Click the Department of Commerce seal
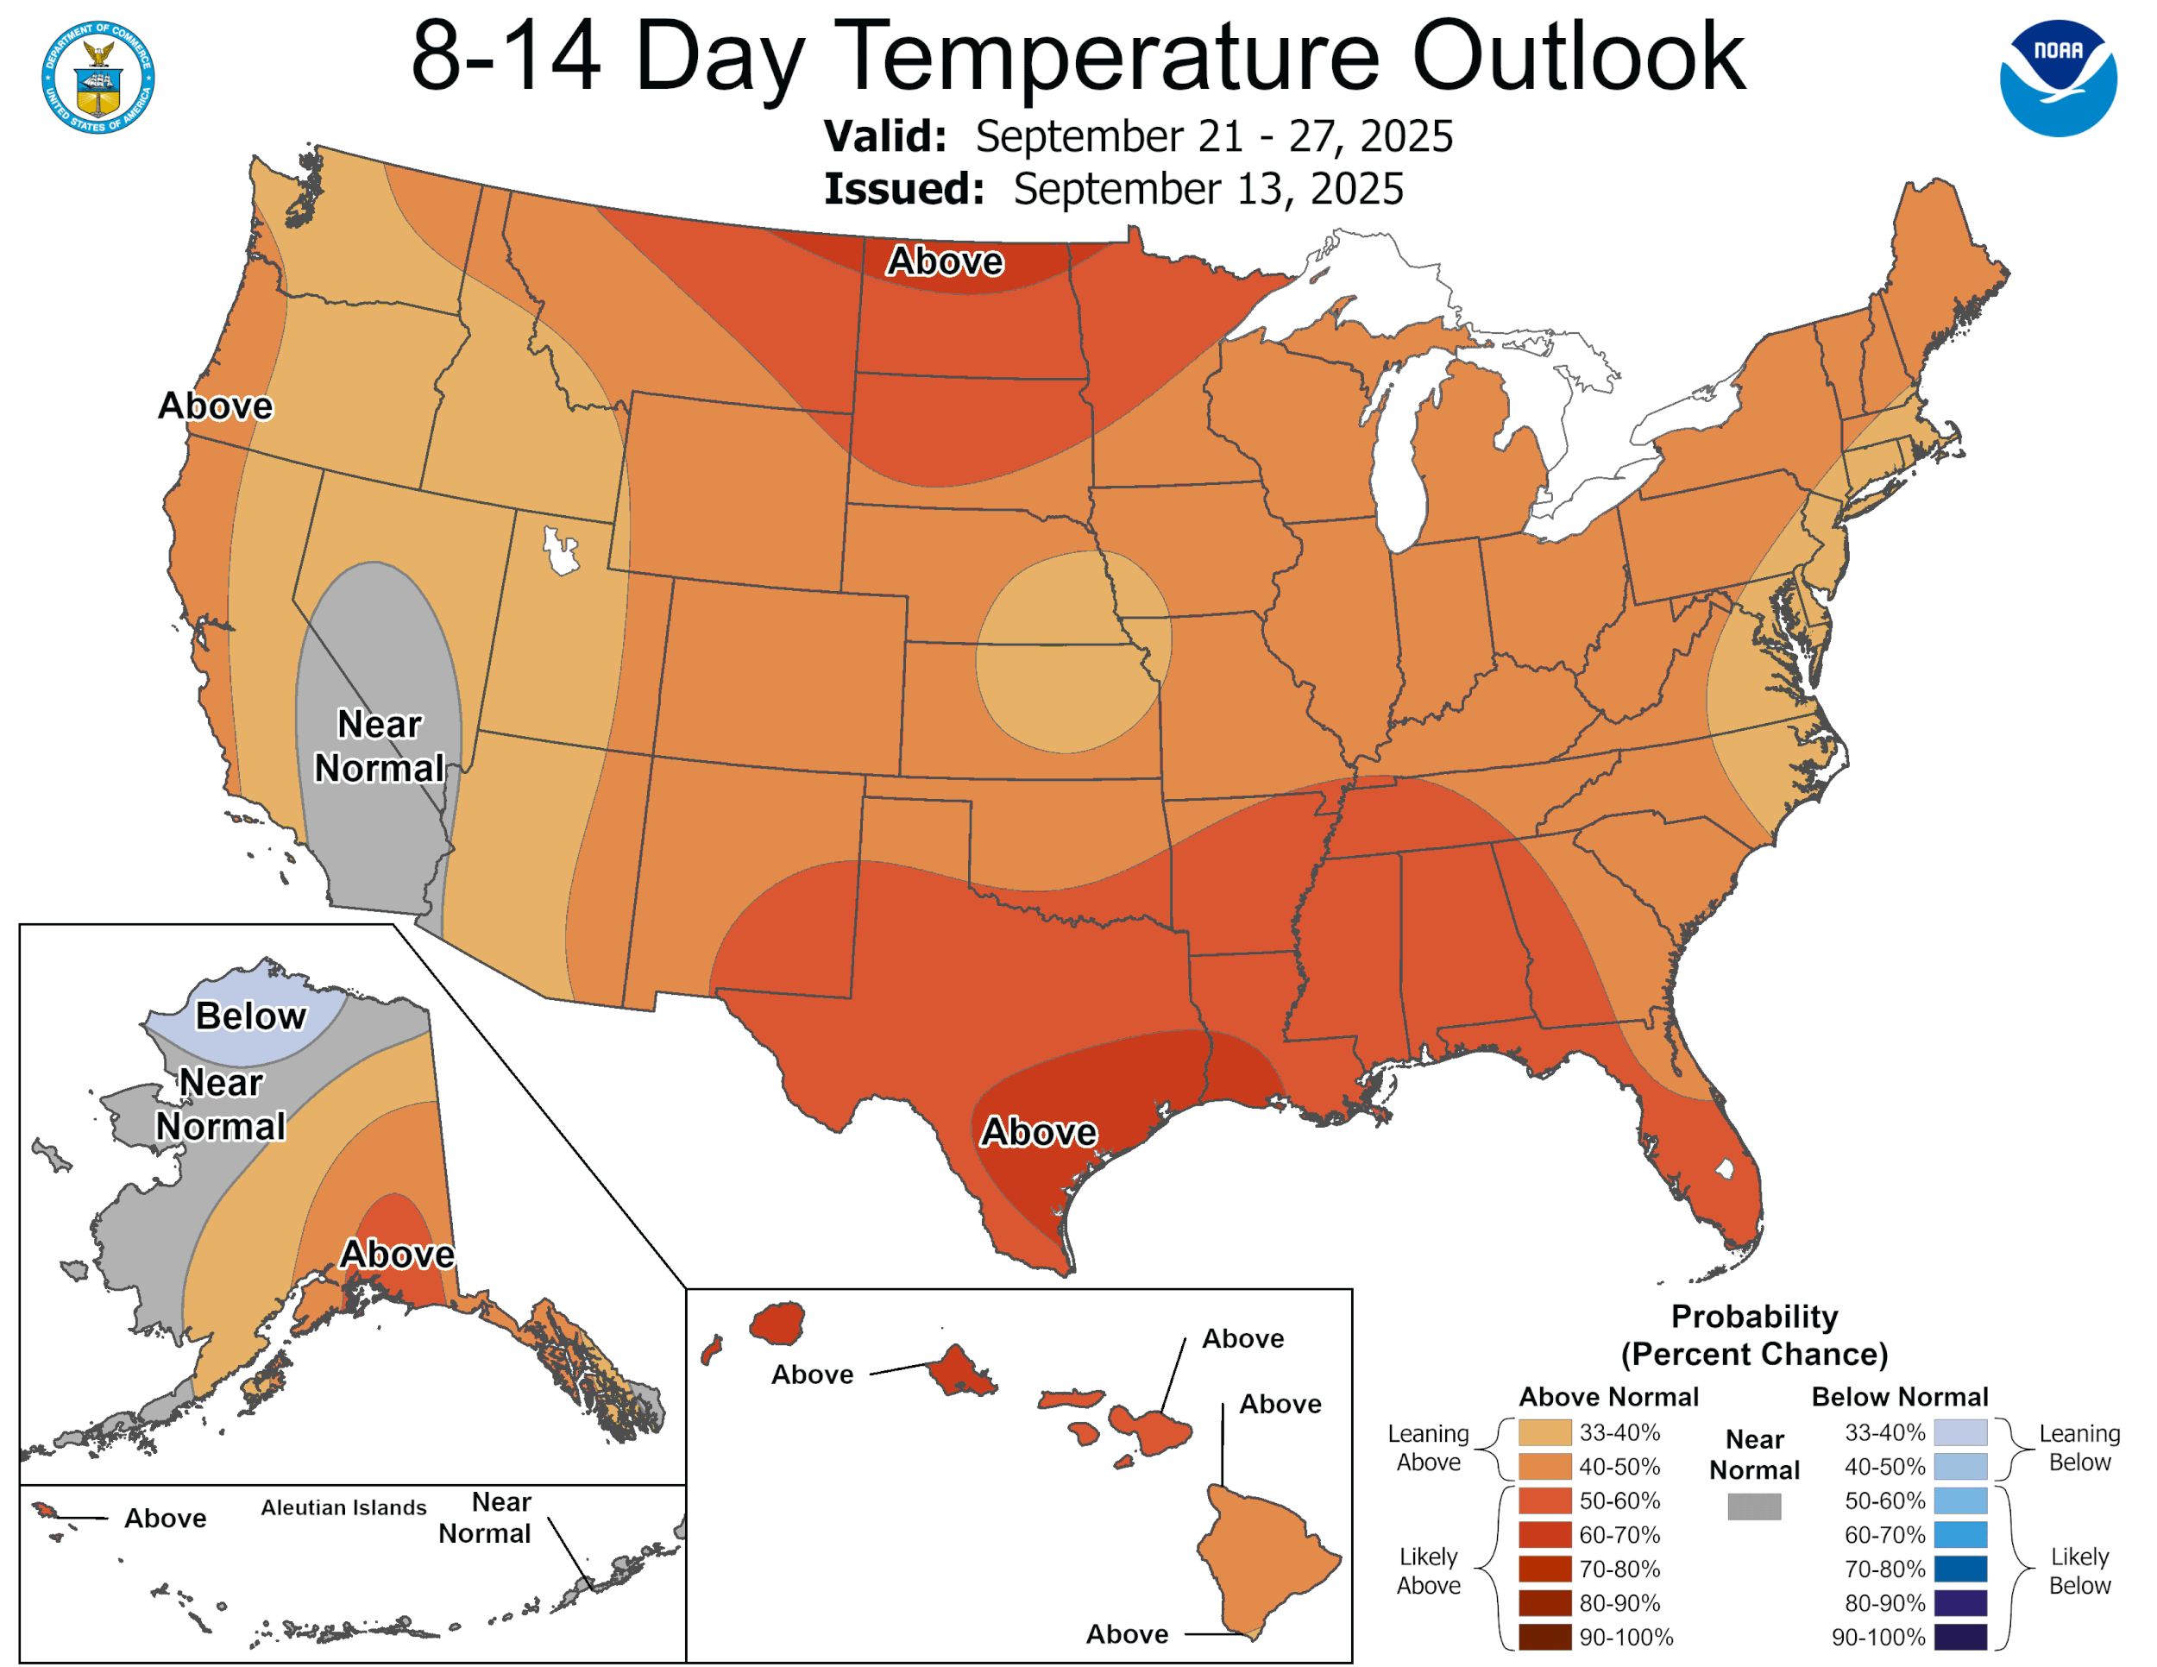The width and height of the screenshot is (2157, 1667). (97, 78)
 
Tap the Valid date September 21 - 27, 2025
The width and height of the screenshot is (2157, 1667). (1214, 136)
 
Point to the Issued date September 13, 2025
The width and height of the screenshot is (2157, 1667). (1208, 190)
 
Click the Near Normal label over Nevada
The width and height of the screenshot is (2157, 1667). (380, 746)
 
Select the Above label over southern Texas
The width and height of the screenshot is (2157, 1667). (1038, 1132)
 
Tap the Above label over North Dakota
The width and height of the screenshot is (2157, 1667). (945, 261)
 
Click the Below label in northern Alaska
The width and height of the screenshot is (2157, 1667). (251, 1016)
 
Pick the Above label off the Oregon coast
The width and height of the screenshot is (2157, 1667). (216, 406)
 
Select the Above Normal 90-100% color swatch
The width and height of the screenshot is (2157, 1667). (1544, 1638)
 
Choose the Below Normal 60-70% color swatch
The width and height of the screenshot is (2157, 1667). (1960, 1535)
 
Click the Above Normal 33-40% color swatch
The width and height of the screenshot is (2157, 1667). (1544, 1432)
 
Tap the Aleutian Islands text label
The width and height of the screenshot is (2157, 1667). (343, 1508)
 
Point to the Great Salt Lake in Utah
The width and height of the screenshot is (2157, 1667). (560, 551)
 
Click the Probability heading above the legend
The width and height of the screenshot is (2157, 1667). (1754, 1317)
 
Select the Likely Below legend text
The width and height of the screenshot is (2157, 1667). (2079, 1570)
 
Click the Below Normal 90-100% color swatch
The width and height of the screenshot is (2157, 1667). (1960, 1638)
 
